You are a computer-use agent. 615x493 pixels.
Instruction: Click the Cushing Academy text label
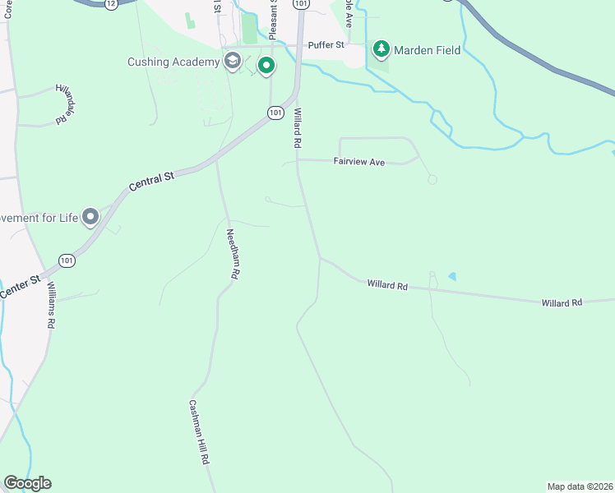coord(173,62)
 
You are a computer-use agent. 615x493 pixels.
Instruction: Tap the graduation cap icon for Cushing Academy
coord(233,61)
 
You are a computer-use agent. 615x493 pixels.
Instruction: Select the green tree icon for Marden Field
coord(381,50)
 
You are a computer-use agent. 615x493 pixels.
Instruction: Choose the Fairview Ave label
coord(359,163)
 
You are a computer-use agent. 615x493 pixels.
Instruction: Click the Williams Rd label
coord(51,306)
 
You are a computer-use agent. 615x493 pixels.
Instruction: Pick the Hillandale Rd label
coord(64,104)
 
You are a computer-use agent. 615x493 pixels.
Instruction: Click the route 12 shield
coord(110,4)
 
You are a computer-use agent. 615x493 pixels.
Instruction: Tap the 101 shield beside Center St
coord(67,261)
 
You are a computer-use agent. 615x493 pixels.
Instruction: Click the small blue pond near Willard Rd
coord(451,276)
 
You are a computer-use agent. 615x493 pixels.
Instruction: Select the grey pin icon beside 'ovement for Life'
coord(90,217)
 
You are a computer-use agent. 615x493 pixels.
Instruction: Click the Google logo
coord(27,483)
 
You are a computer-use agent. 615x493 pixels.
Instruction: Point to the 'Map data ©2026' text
coord(580,486)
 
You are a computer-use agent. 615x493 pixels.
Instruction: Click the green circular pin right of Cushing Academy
coord(266,65)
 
